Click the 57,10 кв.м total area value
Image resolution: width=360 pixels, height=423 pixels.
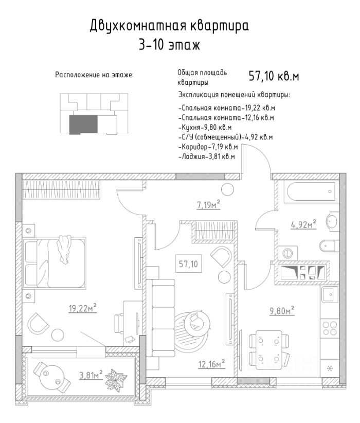(274, 77)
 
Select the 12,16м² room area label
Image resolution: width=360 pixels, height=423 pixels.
(212, 364)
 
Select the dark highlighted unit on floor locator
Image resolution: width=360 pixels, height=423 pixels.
(83, 125)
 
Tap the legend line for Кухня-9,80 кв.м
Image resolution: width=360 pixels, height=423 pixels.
(205, 127)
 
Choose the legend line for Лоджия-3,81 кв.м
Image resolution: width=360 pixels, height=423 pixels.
(206, 156)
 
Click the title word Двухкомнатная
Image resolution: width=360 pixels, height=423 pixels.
(129, 25)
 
